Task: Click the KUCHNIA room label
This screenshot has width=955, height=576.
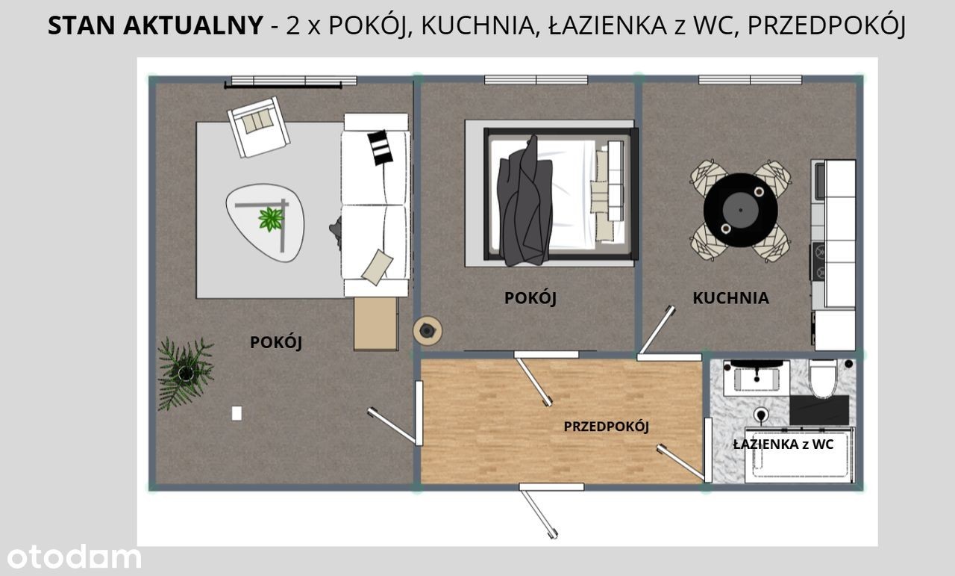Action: coord(730,298)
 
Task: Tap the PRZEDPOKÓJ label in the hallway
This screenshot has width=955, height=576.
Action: coord(607,427)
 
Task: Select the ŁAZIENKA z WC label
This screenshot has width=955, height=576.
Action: coord(783,444)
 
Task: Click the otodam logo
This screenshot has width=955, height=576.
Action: coord(74,557)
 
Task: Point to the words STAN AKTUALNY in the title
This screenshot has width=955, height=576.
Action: coord(155,25)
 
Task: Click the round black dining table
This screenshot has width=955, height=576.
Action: coord(741,210)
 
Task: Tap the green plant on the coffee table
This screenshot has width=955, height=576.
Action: coord(271,219)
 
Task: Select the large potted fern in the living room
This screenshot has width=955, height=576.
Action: coord(186,374)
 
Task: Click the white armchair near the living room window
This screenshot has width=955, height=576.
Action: coord(259,127)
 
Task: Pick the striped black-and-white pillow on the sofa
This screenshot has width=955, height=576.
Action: coord(380,147)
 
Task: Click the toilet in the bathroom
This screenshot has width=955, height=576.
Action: coord(823,378)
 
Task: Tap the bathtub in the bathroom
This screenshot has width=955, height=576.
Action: coord(800,455)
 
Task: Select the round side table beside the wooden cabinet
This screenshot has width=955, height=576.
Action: coord(428,330)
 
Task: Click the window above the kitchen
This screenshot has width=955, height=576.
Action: coord(750,80)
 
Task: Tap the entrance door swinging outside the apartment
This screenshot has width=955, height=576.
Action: coord(539,514)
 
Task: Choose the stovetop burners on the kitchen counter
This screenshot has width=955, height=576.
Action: coord(818,261)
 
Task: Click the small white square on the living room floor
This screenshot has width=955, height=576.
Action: coord(237,413)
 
